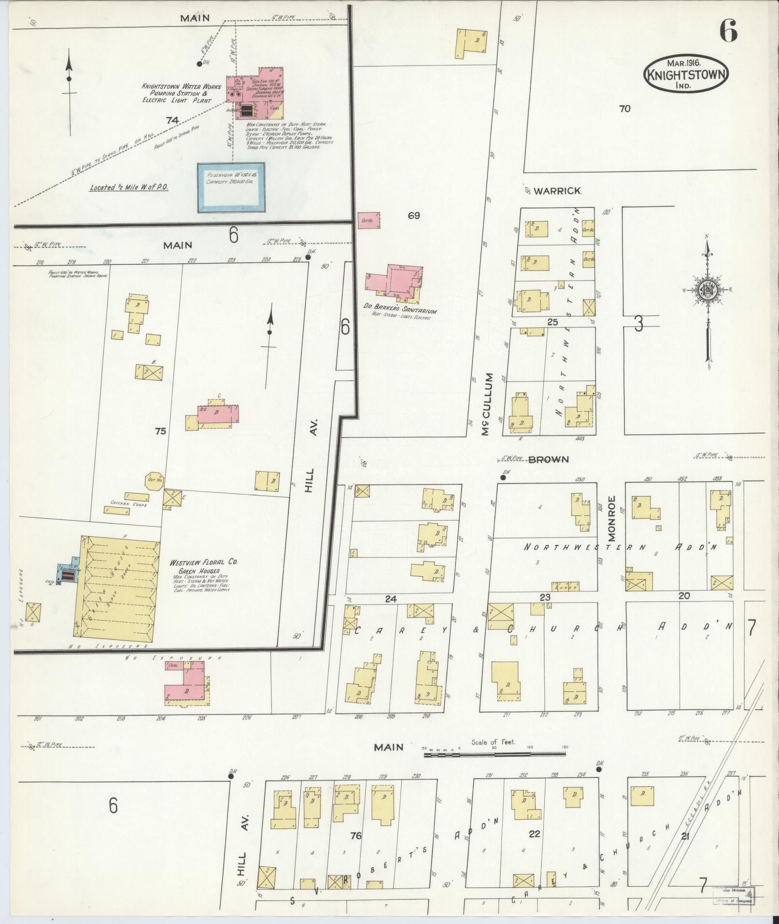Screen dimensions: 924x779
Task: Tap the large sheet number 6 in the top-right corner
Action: [x=728, y=32]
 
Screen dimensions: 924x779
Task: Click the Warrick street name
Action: [x=557, y=191]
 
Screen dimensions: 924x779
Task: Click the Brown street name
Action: [x=549, y=459]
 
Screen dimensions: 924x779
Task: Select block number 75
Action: [x=160, y=430]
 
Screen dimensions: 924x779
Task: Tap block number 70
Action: [x=624, y=109]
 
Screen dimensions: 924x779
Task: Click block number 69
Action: [x=413, y=215]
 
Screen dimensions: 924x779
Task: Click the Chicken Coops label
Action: [x=128, y=503]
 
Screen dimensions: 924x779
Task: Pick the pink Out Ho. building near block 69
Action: [x=368, y=220]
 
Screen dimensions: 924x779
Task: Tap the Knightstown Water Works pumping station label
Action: [x=181, y=93]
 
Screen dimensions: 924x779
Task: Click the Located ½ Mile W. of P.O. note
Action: [x=128, y=186]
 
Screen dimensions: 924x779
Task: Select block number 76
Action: [x=356, y=835]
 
